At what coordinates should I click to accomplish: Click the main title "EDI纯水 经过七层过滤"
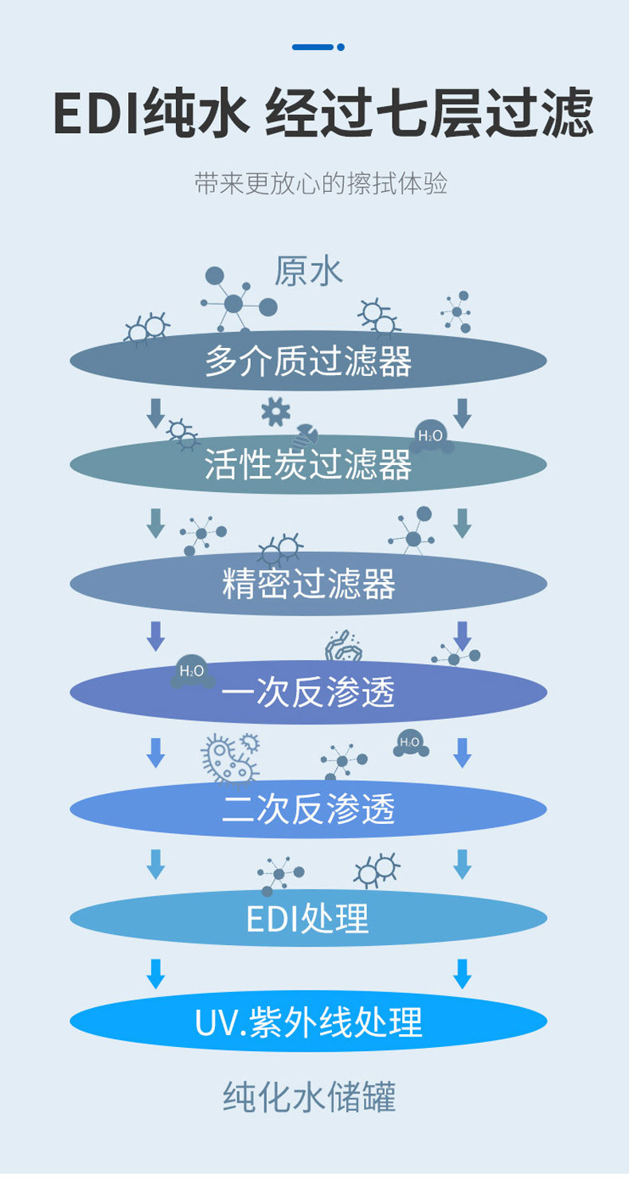322,114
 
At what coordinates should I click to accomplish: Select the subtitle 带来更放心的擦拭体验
321,183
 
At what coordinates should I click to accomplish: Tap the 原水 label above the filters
308,271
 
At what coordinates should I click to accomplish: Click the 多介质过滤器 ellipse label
308,361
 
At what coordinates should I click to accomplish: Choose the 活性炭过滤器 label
308,464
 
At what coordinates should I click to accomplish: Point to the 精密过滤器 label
308,584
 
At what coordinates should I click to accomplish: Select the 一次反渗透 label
308,692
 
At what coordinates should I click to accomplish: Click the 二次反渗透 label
308,810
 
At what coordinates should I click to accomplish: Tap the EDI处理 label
308,918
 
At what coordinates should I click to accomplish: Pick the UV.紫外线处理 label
308,1022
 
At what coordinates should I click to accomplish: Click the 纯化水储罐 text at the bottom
308,1097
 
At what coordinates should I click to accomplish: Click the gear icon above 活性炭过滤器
275,411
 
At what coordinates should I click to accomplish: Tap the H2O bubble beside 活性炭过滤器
431,436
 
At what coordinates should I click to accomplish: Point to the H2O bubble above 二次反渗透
410,743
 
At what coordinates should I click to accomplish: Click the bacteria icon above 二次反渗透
230,757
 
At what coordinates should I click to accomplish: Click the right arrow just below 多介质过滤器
462,412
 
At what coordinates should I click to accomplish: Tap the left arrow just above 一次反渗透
155,635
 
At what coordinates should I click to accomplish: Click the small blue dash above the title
318,47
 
